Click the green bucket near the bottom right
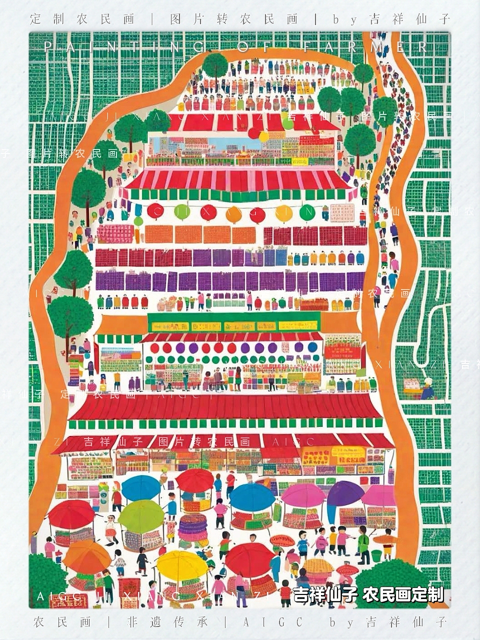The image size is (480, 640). [376, 555]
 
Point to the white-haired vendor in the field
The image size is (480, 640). [428, 387]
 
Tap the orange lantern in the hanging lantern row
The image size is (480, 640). [233, 214]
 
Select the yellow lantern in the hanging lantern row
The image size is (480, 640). [283, 213]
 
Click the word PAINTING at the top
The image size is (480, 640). [125, 47]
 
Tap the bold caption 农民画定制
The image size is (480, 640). [403, 594]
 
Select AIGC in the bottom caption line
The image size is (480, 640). [272, 622]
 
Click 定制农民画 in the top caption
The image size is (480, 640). [82, 19]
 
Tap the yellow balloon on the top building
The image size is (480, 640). [263, 136]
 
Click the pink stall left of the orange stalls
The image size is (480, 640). [115, 233]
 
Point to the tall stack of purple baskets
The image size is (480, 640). [192, 530]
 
